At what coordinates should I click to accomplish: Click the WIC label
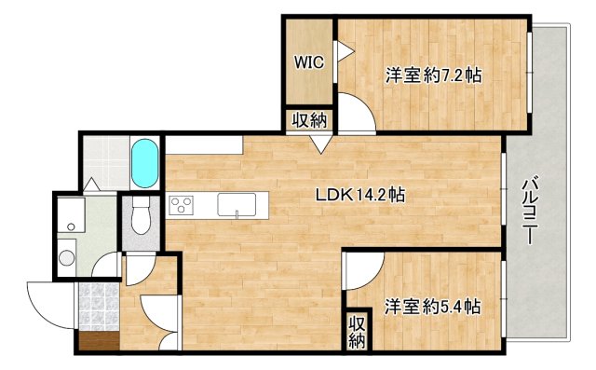pos(308,63)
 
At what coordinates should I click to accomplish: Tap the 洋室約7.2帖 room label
pos(433,75)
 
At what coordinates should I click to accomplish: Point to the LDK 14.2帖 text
pos(359,195)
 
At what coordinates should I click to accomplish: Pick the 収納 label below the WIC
pos(308,119)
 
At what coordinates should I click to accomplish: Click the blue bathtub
pos(146,164)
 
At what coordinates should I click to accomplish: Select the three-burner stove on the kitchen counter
pos(181,205)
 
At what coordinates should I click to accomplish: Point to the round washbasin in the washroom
pos(66,258)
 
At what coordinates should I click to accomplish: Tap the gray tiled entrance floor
pos(96,304)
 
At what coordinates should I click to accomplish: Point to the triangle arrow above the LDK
pos(319,144)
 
